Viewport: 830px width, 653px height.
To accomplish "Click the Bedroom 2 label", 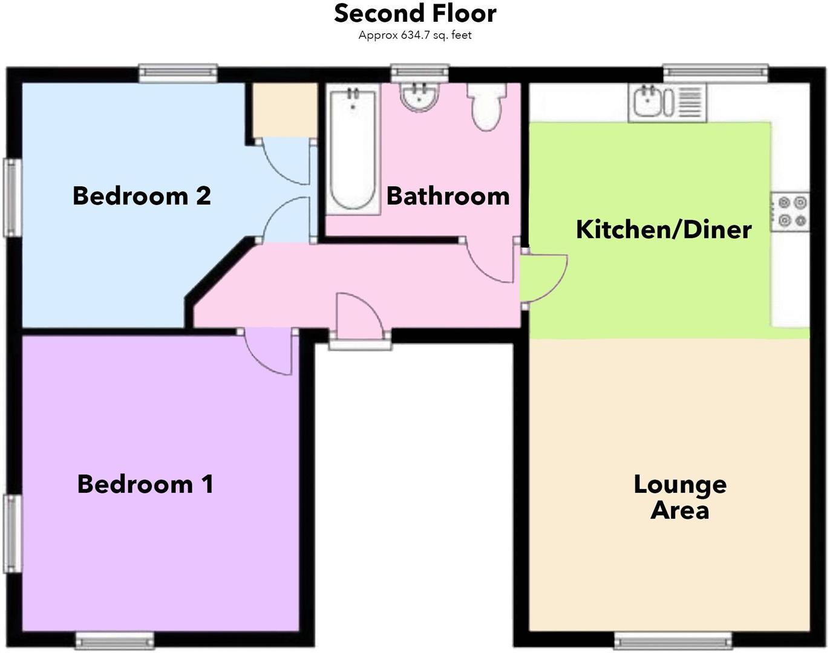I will click(142, 196).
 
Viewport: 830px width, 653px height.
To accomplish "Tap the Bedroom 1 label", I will click(145, 484).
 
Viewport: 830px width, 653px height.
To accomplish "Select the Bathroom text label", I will click(448, 196).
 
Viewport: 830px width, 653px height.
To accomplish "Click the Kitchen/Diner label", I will click(664, 229).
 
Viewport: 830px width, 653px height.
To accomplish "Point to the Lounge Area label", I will click(680, 497).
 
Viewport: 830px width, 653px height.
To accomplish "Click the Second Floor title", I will click(415, 13).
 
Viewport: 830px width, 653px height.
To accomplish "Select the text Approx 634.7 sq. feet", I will click(415, 35).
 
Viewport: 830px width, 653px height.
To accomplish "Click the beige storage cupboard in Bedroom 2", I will click(284, 110).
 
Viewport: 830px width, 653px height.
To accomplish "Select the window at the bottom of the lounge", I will click(673, 640).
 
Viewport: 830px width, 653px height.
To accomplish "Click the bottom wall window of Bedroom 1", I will click(114, 640).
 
